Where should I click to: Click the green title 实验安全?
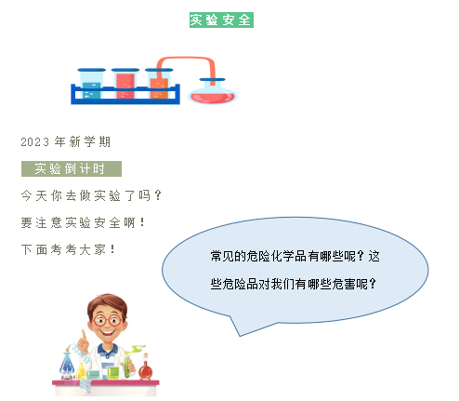point(221,20)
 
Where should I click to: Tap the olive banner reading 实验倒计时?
point(72,168)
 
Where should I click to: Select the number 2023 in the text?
point(35,142)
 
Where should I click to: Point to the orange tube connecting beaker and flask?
point(186,59)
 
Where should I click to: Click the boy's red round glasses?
point(108,320)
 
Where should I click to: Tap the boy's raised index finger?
point(84,334)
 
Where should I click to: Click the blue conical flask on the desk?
point(67,365)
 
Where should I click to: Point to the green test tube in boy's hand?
point(127,367)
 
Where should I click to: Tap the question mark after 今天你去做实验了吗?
point(158,195)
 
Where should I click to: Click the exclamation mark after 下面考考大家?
point(112,249)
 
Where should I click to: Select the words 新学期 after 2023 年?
point(90,142)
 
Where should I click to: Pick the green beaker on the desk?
point(113,373)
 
